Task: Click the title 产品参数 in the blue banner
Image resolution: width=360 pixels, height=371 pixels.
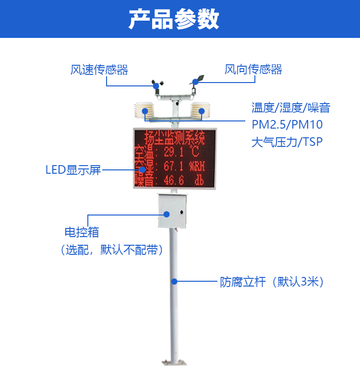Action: (x=174, y=19)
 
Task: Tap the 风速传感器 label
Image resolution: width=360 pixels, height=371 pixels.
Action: (x=99, y=70)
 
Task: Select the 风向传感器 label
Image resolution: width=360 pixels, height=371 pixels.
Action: (x=253, y=70)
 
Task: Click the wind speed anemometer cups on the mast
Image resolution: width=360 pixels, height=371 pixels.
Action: (x=157, y=86)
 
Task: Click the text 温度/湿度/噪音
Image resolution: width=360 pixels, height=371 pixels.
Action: (x=291, y=108)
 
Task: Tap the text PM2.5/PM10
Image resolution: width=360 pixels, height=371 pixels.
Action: (x=287, y=125)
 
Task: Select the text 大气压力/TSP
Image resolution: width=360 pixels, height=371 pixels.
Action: (x=287, y=142)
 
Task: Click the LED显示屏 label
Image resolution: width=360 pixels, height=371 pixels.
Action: (x=73, y=170)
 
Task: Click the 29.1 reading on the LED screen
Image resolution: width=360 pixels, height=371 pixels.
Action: (x=174, y=153)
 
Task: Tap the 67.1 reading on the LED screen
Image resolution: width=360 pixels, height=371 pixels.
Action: (x=174, y=167)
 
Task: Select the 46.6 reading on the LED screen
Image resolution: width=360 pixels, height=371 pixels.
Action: (x=174, y=180)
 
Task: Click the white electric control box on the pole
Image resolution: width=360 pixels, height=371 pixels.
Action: (x=172, y=210)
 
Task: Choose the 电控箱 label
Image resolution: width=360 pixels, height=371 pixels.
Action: (x=82, y=233)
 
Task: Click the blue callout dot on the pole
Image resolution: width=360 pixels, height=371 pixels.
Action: (x=174, y=281)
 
